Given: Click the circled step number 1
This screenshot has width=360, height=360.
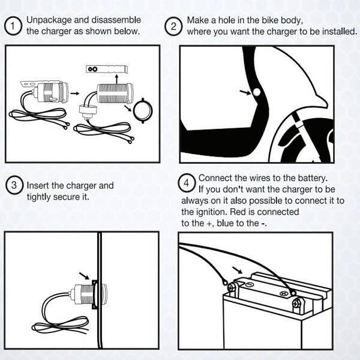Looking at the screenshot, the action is [11, 26].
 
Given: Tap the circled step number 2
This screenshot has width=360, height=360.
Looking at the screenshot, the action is [173, 26].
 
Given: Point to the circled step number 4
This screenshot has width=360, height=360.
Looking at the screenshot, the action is [187, 182].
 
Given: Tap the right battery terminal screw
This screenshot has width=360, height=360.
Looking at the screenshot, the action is [296, 305].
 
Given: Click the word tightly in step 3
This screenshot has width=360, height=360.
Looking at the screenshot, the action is [39, 196].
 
